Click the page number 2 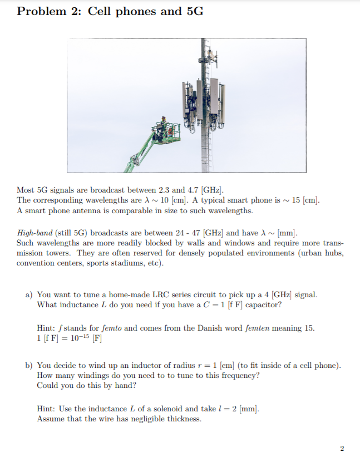tap(342, 448)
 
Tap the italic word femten tap(255, 328)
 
